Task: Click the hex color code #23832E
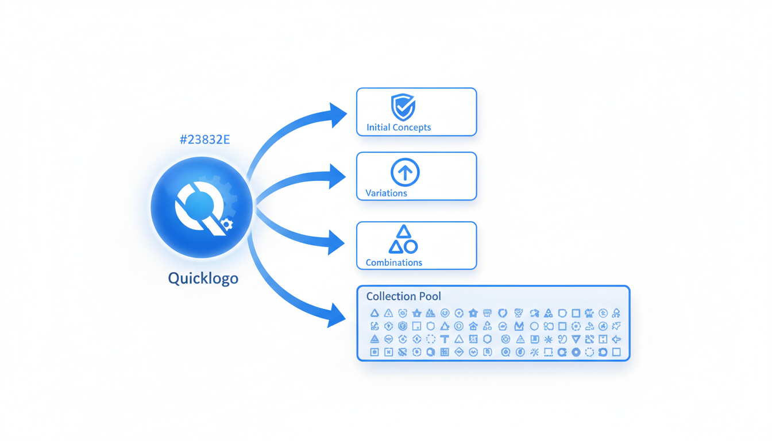[x=204, y=140]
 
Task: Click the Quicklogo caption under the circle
[x=203, y=278]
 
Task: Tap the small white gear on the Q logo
[x=227, y=225]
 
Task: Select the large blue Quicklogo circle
[x=201, y=207]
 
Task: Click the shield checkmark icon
[x=403, y=107]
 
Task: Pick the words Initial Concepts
[x=399, y=127]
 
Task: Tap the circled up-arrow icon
[x=405, y=172]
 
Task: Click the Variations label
[x=386, y=194]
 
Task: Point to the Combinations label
[x=394, y=262]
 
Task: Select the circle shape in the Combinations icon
[x=411, y=247]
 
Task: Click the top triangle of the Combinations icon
[x=404, y=232]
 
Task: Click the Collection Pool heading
[x=403, y=296]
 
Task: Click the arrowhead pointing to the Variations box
[x=337, y=176]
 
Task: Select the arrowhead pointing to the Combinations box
[x=336, y=242]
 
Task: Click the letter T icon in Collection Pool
[x=445, y=339]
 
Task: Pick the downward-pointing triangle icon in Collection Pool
[x=576, y=339]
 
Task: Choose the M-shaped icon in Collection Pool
[x=519, y=326]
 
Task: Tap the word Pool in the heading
[x=430, y=296]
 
